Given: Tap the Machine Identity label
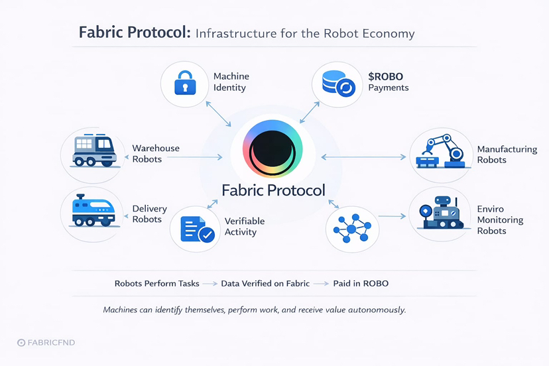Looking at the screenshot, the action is [x=231, y=82].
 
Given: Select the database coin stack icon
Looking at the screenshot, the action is [x=337, y=85].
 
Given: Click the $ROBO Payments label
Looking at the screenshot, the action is [x=388, y=82].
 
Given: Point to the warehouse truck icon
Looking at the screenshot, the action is [x=93, y=152].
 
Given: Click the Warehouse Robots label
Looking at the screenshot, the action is [x=155, y=154].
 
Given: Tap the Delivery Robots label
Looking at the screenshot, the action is [x=149, y=214].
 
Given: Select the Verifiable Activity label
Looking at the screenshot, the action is [x=244, y=226].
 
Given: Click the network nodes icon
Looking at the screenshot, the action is [x=352, y=228].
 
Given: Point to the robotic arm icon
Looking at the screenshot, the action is [x=440, y=152].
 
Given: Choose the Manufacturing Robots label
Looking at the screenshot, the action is [x=507, y=154].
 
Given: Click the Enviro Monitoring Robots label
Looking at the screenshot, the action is [x=500, y=220].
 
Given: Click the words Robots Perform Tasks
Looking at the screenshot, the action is [x=156, y=283].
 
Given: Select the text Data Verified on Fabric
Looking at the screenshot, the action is [x=265, y=283].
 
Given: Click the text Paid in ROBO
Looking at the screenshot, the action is [x=361, y=283].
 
